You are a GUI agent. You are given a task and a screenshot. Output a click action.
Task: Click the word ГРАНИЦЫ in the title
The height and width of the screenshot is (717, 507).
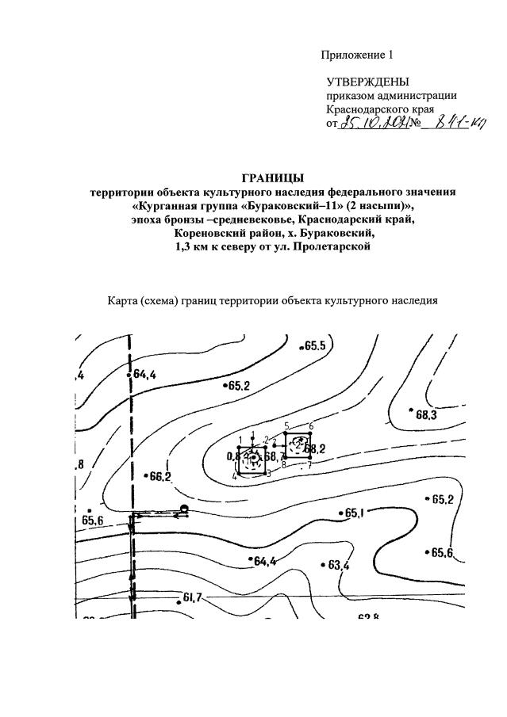tap(273, 177)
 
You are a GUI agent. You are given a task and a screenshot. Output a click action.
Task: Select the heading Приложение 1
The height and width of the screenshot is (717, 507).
tap(357, 55)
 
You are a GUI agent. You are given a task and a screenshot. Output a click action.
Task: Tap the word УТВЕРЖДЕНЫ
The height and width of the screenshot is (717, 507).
tap(368, 82)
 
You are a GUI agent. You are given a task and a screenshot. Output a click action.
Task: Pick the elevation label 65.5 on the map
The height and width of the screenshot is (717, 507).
tap(313, 346)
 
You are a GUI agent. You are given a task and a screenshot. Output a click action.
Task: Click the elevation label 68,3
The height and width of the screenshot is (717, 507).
tap(427, 414)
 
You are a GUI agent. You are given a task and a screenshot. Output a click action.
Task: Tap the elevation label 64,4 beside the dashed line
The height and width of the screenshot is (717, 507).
tap(144, 374)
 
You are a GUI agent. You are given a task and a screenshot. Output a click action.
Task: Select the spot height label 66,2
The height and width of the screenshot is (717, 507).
tap(159, 476)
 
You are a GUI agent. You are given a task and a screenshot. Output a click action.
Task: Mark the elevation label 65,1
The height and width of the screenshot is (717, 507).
tap(354, 513)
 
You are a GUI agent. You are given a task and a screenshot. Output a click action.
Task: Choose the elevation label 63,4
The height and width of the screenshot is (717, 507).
tap(338, 566)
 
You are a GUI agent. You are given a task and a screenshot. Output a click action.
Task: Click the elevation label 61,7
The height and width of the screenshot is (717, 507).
tap(194, 597)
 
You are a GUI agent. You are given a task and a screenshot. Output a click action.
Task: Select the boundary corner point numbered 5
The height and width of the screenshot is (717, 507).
tap(286, 434)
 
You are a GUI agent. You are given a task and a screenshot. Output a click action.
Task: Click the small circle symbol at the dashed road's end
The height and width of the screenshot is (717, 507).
tap(184, 509)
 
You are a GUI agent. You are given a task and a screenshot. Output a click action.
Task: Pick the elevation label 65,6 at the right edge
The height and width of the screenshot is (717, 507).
tap(442, 553)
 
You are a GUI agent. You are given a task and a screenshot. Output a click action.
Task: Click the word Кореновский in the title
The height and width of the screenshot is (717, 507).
tap(211, 235)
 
